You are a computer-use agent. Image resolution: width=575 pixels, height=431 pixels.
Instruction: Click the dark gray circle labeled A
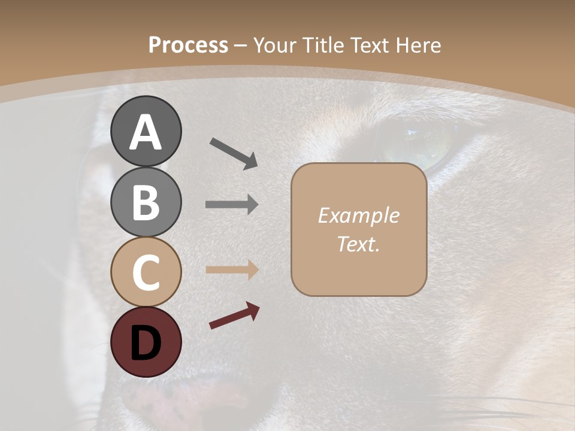pyautogui.click(x=146, y=131)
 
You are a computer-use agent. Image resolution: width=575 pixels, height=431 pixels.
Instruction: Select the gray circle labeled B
pyautogui.click(x=146, y=202)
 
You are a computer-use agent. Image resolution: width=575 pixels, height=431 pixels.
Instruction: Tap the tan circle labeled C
pyautogui.click(x=146, y=272)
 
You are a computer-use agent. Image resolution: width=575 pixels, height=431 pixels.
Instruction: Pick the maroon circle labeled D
pyautogui.click(x=146, y=342)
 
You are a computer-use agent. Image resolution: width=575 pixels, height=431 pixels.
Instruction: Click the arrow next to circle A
pyautogui.click(x=233, y=153)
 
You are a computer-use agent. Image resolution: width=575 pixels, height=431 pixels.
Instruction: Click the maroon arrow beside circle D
pyautogui.click(x=234, y=315)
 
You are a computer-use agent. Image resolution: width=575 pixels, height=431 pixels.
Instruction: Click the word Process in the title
pyautogui.click(x=188, y=45)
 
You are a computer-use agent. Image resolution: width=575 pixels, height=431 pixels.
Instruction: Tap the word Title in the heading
pyautogui.click(x=323, y=45)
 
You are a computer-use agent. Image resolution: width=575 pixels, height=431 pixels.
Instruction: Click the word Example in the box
pyautogui.click(x=358, y=215)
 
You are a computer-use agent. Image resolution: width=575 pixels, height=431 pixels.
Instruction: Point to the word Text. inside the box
pyautogui.click(x=358, y=244)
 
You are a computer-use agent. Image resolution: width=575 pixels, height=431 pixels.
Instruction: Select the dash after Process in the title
pyautogui.click(x=241, y=46)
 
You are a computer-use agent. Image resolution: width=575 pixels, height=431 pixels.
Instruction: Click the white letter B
pyautogui.click(x=146, y=202)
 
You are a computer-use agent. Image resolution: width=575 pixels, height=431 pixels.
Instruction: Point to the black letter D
pyautogui.click(x=146, y=343)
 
